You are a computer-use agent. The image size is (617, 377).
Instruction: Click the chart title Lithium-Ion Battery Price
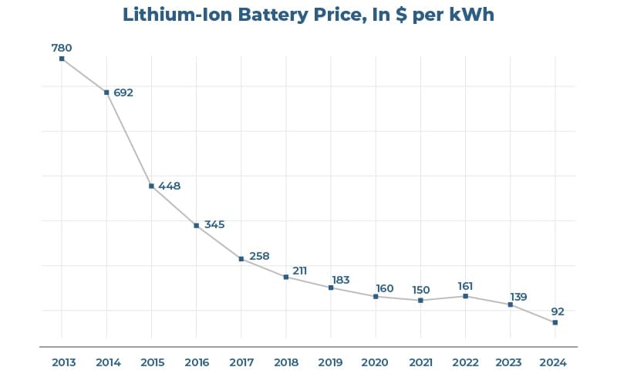[308, 15]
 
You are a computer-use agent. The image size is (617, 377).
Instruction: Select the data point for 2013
[62, 59]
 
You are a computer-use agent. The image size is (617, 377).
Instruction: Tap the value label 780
[62, 48]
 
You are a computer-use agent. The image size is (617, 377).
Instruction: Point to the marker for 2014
[106, 93]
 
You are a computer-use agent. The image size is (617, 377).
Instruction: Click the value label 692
[123, 93]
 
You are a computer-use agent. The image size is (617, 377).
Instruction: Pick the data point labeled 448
[151, 186]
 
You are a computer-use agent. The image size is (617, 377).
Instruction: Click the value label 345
[214, 224]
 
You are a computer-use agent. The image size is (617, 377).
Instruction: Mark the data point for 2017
[241, 259]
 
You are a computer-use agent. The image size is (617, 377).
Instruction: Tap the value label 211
[300, 271]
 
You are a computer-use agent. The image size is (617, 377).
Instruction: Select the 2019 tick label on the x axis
[331, 362]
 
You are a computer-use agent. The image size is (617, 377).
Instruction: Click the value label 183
[341, 280]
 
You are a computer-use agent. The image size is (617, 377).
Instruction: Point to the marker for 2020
[376, 296]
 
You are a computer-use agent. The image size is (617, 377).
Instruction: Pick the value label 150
[421, 290]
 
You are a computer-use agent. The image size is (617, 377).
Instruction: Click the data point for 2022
[465, 296]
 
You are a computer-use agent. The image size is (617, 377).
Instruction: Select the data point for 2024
[555, 322]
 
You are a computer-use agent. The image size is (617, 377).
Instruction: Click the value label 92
[558, 311]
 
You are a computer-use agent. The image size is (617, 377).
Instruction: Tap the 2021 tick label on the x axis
[420, 362]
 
